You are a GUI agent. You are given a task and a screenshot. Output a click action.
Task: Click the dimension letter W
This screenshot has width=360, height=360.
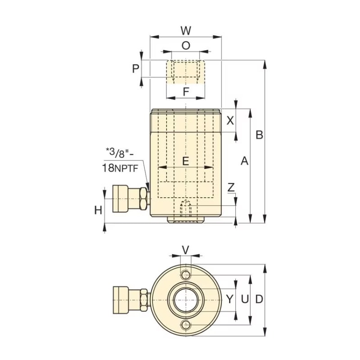coord(186,31)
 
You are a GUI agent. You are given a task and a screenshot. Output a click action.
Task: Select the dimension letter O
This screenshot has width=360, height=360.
coord(186,45)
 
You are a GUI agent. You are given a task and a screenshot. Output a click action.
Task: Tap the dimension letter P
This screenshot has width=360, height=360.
coord(135,68)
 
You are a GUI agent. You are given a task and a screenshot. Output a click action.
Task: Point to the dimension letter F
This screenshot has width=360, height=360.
coord(185,92)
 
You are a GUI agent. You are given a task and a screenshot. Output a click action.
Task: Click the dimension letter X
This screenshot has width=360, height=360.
coord(230,120)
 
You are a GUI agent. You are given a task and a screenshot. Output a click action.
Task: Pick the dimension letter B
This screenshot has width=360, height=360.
coord(259,135)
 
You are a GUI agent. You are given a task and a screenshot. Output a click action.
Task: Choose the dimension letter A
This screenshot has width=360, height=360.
coord(244,161)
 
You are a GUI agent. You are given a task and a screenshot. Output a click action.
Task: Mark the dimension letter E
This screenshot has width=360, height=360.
coord(185,161)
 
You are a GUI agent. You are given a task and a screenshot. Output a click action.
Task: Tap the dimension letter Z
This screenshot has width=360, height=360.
coord(231,187)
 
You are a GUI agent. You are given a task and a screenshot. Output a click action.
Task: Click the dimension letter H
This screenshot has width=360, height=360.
coord(98,210)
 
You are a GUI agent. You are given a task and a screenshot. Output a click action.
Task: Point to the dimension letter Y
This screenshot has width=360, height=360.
coord(230,299)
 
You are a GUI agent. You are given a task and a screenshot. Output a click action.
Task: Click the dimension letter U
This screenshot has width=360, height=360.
coord(244,299)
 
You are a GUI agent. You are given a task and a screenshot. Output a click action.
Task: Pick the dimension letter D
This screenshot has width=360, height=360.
coord(259,299)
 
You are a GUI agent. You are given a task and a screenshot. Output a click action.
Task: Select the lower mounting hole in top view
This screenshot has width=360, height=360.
coord(185,325)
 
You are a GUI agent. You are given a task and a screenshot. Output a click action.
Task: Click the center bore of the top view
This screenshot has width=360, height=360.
coord(185,300)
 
